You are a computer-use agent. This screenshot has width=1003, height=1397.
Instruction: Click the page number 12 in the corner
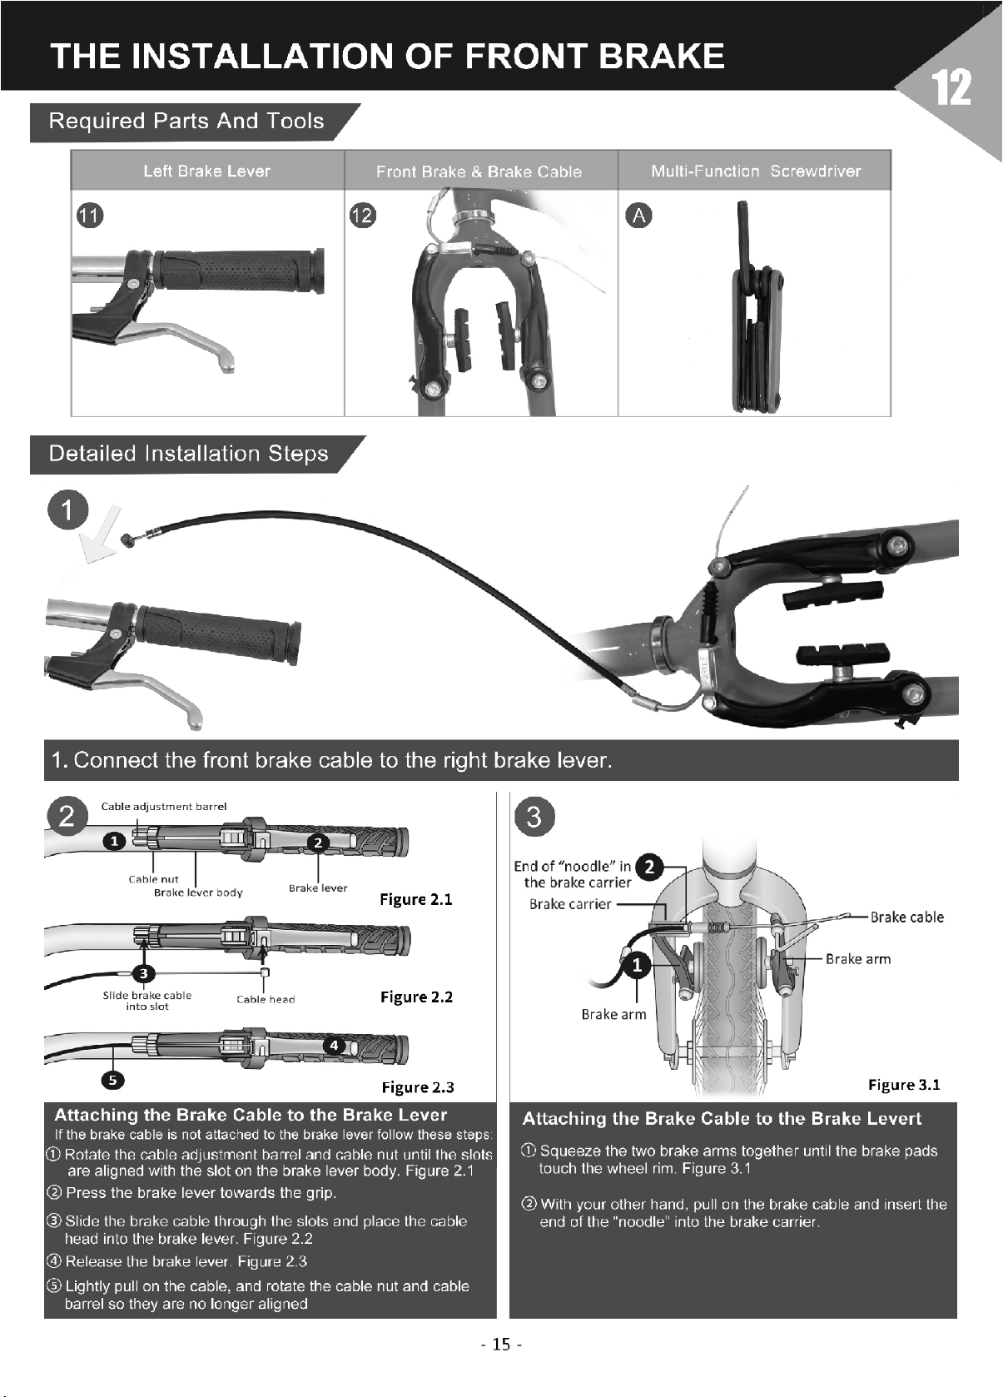[x=951, y=87]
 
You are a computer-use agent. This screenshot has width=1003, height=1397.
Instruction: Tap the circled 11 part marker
[x=90, y=216]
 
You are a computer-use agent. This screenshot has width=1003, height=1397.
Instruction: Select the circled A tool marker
[x=639, y=215]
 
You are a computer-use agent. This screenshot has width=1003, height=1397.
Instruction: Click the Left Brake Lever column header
[x=207, y=171]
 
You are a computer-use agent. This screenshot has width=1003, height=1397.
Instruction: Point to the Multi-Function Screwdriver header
[x=756, y=171]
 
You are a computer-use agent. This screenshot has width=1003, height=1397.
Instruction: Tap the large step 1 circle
[x=68, y=510]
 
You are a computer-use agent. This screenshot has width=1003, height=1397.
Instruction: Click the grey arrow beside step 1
[x=102, y=535]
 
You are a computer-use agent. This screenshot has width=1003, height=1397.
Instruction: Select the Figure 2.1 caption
[x=416, y=898]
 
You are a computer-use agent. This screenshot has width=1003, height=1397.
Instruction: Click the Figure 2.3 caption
[x=418, y=1087]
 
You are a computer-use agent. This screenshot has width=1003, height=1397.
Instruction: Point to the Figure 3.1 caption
[x=904, y=1085]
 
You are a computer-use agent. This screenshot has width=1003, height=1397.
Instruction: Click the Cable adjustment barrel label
[x=164, y=807]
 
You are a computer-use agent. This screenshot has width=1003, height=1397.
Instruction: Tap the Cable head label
[x=266, y=999]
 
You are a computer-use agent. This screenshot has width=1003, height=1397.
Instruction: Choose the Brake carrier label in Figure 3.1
[x=570, y=903]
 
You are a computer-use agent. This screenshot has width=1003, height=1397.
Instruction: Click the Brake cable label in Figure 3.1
[x=907, y=917]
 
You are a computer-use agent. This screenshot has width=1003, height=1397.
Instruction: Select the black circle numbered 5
[x=113, y=1080]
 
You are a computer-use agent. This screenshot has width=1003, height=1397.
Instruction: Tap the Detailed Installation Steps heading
[x=188, y=454]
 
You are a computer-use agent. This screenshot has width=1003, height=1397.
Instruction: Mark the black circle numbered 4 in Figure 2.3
[x=334, y=1045]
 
